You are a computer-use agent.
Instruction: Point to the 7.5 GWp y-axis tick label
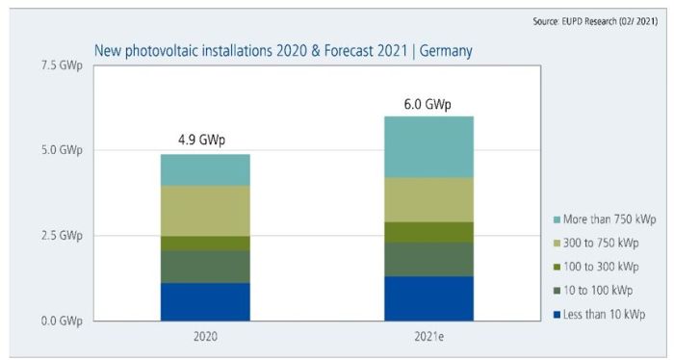click(60, 64)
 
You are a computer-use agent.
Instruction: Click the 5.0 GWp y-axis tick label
click(60, 150)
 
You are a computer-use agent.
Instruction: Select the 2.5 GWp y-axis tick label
click(60, 236)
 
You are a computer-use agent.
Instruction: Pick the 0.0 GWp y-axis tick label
click(60, 321)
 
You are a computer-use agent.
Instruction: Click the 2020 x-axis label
click(205, 337)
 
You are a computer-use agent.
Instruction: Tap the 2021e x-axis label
click(428, 337)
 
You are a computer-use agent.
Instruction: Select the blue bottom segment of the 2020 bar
click(205, 301)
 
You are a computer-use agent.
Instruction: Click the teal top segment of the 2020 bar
click(205, 170)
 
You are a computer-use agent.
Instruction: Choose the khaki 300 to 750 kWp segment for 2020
click(205, 211)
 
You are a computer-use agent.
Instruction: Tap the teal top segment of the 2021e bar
click(428, 146)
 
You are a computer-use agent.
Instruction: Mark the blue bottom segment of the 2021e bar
click(428, 298)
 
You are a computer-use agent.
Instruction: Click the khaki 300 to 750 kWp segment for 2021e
click(428, 199)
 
